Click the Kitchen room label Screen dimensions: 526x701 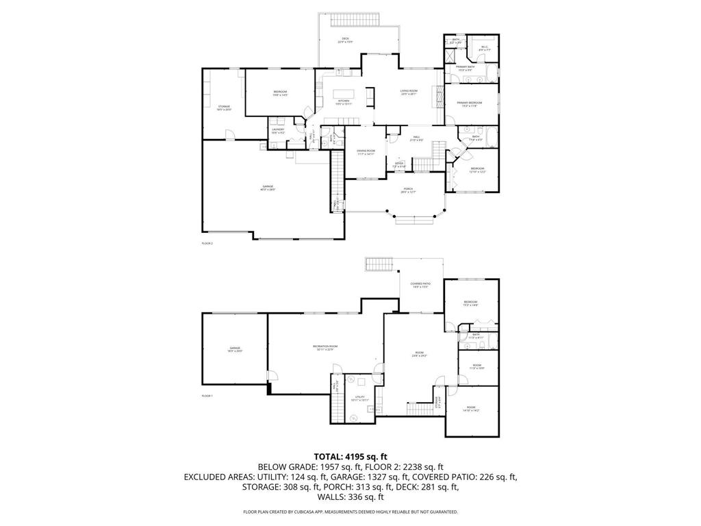point(343,102)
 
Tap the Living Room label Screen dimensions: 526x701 point(409,92)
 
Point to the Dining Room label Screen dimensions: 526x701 point(366,152)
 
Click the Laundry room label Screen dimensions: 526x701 point(277,131)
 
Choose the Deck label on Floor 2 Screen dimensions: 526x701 point(345,40)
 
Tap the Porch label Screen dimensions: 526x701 point(408,190)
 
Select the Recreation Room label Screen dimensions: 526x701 point(325,348)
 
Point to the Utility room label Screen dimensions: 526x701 point(359,399)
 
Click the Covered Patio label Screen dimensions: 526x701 point(420,285)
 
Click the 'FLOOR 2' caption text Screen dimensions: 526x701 point(207,243)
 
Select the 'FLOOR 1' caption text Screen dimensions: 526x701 point(207,397)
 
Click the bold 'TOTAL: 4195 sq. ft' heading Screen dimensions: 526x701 point(350,456)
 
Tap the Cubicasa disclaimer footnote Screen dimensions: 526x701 point(350,512)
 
